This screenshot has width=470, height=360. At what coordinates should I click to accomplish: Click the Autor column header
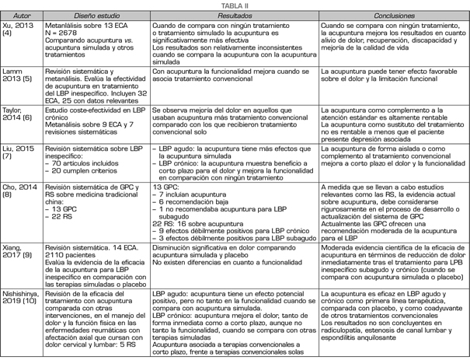[21, 15]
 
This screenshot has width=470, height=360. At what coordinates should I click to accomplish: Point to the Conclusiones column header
[393, 15]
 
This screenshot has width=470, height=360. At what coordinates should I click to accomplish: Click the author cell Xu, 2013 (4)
[18, 30]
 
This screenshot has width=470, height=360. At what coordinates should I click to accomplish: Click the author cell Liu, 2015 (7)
[19, 149]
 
